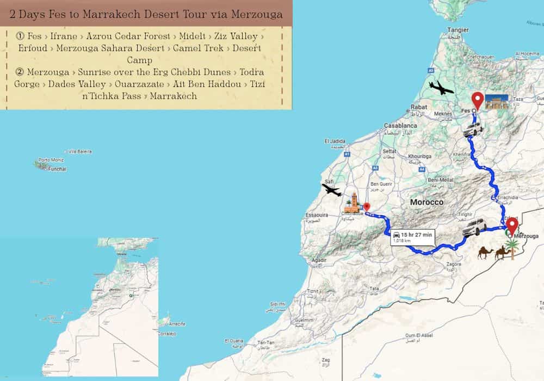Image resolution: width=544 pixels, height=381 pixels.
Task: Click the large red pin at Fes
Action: point(478,100)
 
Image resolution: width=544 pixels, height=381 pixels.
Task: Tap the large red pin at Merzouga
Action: point(511,225)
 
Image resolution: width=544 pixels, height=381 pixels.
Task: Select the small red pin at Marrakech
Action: point(367,207)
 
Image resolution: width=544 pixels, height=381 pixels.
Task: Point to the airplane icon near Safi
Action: point(331,190)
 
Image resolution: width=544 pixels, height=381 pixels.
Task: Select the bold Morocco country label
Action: point(426,202)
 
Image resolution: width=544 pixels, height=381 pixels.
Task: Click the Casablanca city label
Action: point(400,125)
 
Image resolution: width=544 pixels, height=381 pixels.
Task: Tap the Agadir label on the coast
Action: point(319,260)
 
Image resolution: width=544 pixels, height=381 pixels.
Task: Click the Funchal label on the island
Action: point(57,169)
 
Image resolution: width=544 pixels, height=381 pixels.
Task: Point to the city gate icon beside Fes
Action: point(496,102)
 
